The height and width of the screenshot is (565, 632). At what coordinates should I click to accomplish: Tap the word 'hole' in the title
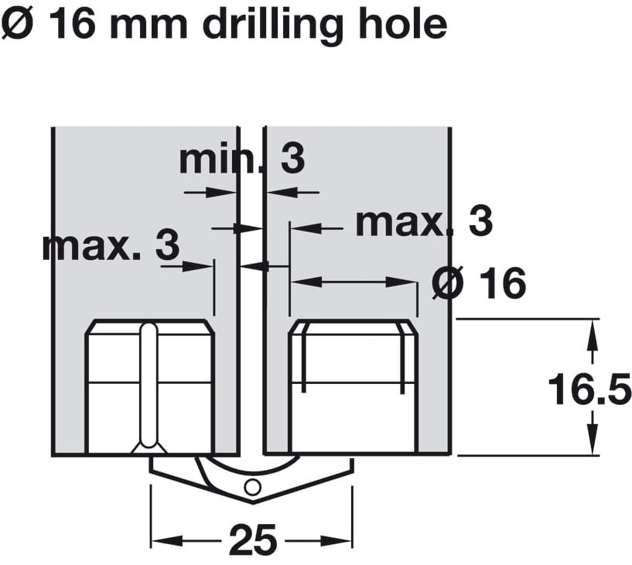(403, 25)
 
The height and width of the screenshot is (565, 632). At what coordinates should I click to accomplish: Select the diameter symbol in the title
(16, 25)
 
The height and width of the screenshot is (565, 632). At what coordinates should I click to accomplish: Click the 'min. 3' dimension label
(242, 159)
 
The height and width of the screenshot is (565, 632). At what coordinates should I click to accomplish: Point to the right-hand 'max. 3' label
(424, 221)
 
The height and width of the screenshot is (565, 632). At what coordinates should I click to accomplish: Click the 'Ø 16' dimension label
(479, 283)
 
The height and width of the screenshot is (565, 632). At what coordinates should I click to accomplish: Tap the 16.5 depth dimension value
(589, 389)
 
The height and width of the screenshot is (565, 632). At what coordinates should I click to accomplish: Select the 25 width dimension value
(253, 539)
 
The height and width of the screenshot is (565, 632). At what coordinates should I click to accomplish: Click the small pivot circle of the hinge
(253, 488)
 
